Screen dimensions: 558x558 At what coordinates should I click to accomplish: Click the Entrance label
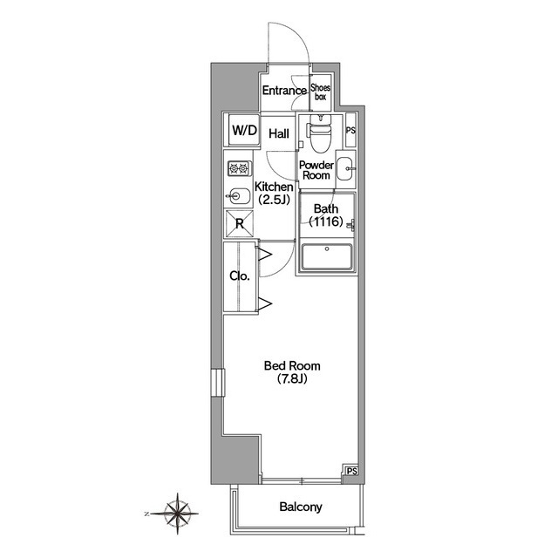tap(284, 91)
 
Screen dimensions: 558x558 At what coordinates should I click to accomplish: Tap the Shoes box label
tap(320, 92)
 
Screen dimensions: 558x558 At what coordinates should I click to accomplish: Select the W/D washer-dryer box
tap(244, 130)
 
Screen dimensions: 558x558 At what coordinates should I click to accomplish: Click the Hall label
tap(279, 133)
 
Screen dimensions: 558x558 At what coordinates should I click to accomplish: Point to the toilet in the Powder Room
tap(321, 133)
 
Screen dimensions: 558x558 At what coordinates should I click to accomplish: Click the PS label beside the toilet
tap(350, 130)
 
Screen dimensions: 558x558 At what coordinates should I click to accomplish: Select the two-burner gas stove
tap(239, 168)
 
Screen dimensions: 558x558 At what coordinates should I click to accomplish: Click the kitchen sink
tap(238, 195)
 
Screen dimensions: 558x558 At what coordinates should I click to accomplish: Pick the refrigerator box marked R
tap(240, 224)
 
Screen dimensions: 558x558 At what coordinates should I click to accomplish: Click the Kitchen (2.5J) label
tap(274, 194)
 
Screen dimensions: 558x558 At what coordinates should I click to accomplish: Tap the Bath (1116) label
tap(325, 215)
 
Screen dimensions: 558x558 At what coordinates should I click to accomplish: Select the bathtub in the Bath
tap(327, 257)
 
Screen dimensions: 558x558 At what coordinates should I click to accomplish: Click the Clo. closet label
tap(240, 276)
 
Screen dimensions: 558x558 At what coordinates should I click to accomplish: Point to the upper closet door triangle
tap(265, 255)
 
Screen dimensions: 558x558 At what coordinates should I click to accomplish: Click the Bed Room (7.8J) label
tap(292, 372)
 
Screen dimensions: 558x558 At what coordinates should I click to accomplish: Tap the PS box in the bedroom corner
tap(351, 471)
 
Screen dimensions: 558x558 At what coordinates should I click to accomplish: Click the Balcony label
tap(301, 507)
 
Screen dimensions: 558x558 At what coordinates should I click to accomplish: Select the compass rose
tap(177, 514)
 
